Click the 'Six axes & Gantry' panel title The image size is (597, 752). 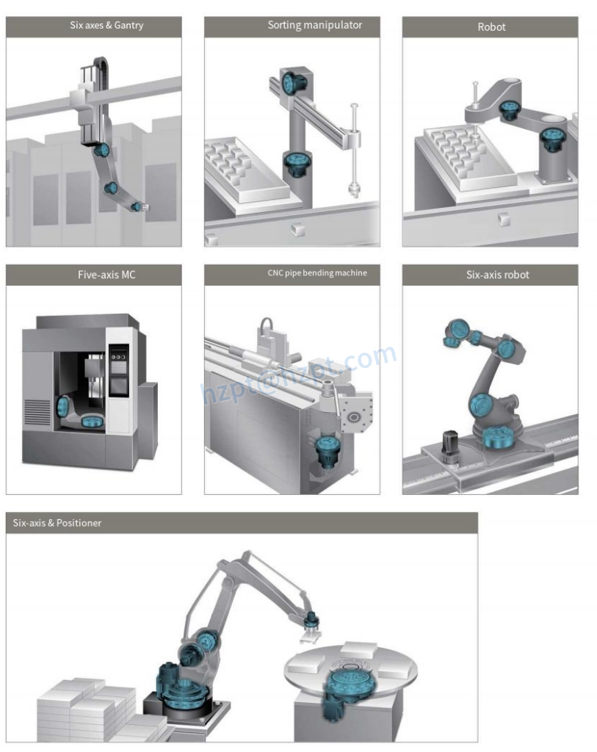tap(106, 26)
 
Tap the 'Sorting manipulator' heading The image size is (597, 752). tap(314, 25)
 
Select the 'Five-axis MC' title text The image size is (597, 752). tap(106, 275)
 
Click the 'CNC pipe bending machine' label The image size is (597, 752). tap(317, 273)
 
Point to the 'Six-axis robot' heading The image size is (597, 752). tap(498, 275)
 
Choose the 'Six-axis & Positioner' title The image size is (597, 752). tap(57, 523)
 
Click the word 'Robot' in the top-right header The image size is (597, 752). tap(491, 27)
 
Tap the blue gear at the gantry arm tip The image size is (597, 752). tap(137, 206)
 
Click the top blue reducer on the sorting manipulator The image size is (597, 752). tap(291, 82)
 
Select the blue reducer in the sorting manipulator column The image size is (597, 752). tap(293, 163)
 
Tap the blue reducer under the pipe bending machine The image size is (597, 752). tap(328, 450)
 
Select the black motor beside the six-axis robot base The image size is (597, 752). tap(449, 446)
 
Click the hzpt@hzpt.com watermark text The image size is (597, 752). tap(299, 374)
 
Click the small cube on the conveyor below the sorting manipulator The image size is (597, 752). tap(298, 229)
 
